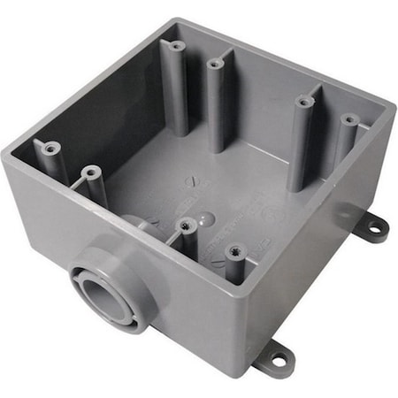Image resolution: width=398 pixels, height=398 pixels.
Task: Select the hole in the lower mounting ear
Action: point(278,360)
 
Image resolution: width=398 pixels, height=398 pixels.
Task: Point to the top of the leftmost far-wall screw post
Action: point(177,45)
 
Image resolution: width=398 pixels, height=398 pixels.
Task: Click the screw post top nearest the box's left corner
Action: point(52,148)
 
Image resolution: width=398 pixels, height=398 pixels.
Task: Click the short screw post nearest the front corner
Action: point(234,251)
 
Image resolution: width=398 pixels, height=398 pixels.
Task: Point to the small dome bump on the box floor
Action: point(203,214)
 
